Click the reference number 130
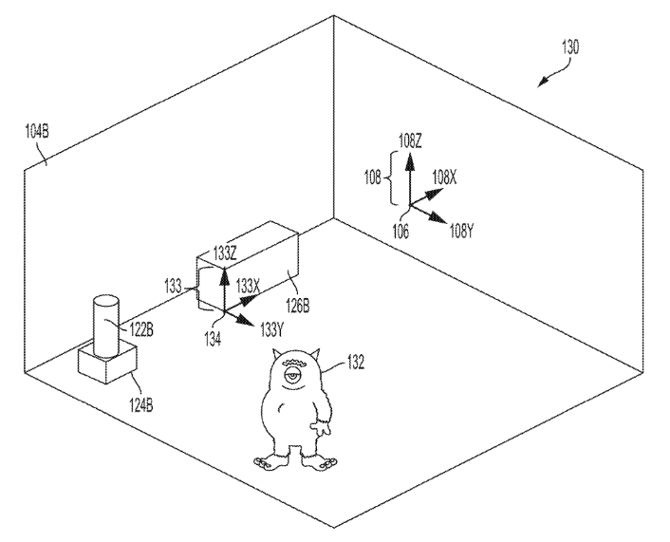570,47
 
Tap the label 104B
37,131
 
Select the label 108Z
410,140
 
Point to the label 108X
444,177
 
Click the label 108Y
461,232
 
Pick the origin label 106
400,232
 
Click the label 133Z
225,254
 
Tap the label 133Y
272,330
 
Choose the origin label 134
213,339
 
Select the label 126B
297,306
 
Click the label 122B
141,330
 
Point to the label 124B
141,404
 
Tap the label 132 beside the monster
356,363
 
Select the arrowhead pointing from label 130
543,82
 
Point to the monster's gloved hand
322,427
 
